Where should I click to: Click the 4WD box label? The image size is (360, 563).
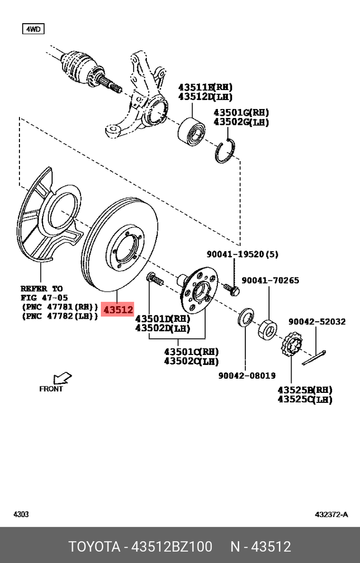pos(33,29)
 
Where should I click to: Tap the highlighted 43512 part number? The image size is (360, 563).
pos(118,310)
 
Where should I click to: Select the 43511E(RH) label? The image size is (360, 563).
pos(205,87)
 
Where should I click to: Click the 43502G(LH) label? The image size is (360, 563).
pos(241,122)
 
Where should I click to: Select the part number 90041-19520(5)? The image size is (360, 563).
pos(242,254)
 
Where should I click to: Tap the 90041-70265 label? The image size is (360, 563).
pos(270,280)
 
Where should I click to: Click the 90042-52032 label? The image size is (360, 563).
pos(317,321)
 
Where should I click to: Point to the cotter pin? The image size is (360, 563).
pos(314,358)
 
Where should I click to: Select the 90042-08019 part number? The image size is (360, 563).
pos(247,376)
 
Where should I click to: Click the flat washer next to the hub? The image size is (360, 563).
pos(245,318)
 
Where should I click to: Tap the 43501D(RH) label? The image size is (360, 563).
pos(163,319)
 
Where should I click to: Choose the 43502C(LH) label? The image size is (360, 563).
pos(191,361)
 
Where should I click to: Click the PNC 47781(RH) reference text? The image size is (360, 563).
pos(59,307)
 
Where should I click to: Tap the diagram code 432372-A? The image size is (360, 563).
pos(331,514)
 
